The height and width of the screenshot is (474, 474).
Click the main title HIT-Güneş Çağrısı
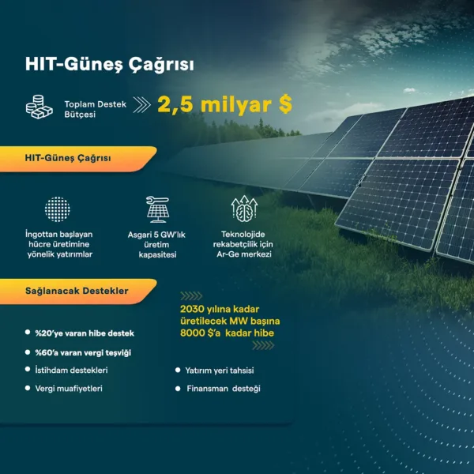pyautogui.click(x=110, y=65)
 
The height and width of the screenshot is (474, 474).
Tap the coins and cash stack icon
pyautogui.click(x=39, y=107)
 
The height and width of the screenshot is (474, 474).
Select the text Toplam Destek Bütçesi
pyautogui.click(x=96, y=109)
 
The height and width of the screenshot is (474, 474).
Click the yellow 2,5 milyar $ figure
pyautogui.click(x=224, y=104)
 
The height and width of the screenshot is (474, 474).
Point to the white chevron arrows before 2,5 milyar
pyautogui.click(x=141, y=105)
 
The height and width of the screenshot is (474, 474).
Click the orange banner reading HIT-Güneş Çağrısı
pyautogui.click(x=78, y=159)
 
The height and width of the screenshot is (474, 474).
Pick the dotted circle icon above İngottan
pyautogui.click(x=58, y=209)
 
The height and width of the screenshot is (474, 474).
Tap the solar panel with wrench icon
pyautogui.click(x=157, y=209)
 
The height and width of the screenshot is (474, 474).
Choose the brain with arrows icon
pyautogui.click(x=244, y=208)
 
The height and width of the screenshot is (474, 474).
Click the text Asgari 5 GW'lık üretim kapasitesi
pyautogui.click(x=156, y=245)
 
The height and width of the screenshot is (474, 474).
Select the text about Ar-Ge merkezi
pyautogui.click(x=243, y=244)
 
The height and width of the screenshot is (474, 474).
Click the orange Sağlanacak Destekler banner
pyautogui.click(x=78, y=292)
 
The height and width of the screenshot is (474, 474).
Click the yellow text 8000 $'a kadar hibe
pyautogui.click(x=227, y=333)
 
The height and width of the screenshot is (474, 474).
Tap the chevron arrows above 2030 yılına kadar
pyautogui.click(x=191, y=296)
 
